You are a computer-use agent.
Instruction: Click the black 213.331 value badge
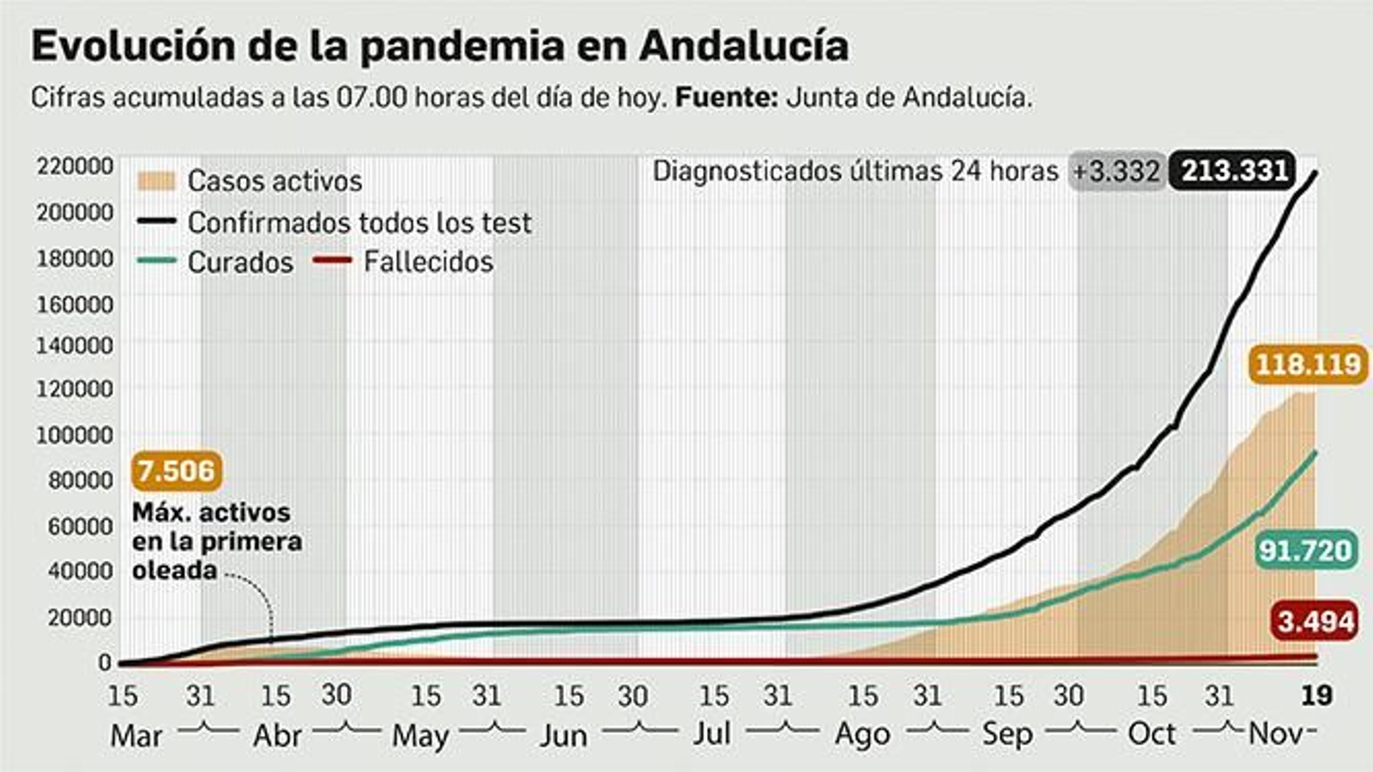click(1234, 171)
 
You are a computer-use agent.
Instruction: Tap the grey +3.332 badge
click(1116, 172)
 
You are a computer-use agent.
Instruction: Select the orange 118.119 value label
click(1308, 365)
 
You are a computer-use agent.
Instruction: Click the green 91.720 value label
click(1305, 550)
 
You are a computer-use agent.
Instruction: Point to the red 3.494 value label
click(1316, 621)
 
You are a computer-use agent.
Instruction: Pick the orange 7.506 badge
click(177, 471)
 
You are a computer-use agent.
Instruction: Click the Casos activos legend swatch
click(156, 181)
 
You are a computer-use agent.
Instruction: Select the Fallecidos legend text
click(428, 262)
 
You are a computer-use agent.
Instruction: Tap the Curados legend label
click(240, 262)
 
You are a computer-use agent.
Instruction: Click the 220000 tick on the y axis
click(75, 166)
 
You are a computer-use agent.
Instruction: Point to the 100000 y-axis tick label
click(75, 435)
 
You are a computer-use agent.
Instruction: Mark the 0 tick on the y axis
click(105, 662)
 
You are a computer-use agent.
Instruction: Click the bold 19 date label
click(1316, 695)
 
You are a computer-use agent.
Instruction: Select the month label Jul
click(711, 734)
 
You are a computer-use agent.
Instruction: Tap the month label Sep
click(1007, 734)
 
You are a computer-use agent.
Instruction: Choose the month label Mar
click(136, 736)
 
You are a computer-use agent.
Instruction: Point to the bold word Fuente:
click(726, 98)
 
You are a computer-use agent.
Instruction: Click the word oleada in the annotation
click(175, 570)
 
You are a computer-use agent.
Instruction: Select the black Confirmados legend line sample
click(156, 222)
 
